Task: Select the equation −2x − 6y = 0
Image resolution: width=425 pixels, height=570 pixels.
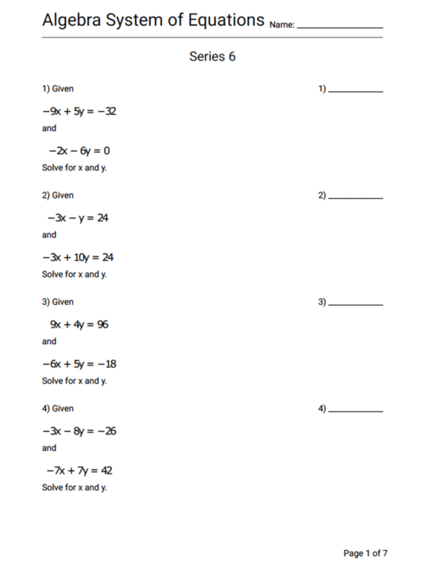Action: tap(79, 151)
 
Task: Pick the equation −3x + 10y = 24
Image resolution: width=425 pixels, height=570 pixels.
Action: tap(79, 257)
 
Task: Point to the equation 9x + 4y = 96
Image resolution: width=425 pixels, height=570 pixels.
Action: tap(79, 324)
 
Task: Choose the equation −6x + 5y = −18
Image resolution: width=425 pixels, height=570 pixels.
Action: tap(80, 364)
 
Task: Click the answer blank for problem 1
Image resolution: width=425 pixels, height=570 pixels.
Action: tap(356, 91)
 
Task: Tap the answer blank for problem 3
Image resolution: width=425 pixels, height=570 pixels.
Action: tap(356, 304)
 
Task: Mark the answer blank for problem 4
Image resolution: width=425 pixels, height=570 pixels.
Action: tap(356, 411)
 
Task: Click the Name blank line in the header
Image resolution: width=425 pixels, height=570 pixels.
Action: tap(339, 26)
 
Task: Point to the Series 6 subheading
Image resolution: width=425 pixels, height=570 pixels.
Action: tap(212, 57)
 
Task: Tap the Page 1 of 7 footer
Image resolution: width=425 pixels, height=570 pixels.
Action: tap(366, 553)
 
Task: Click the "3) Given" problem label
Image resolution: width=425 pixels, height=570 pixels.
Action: tap(58, 302)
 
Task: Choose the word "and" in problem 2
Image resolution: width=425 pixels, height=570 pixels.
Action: tap(49, 235)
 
